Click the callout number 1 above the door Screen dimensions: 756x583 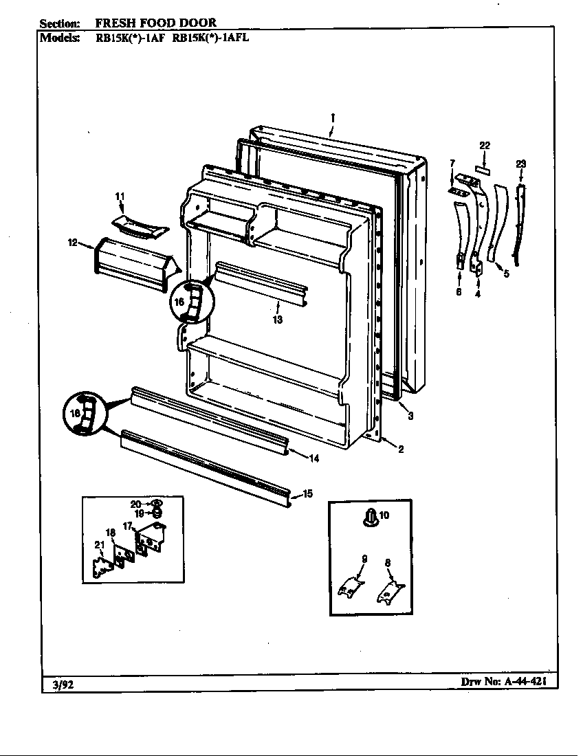tap(331, 118)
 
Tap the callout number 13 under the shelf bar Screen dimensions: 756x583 tap(277, 320)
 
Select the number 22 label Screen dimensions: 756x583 tap(485, 146)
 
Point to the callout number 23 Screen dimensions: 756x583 tap(520, 164)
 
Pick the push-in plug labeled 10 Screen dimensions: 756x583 tap(371, 515)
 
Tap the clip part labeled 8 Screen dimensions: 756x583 tap(389, 590)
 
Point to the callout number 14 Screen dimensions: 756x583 tap(295, 458)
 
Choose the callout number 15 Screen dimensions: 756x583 tap(307, 493)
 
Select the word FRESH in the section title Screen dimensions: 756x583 tap(113, 23)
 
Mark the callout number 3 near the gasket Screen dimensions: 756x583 tap(410, 416)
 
